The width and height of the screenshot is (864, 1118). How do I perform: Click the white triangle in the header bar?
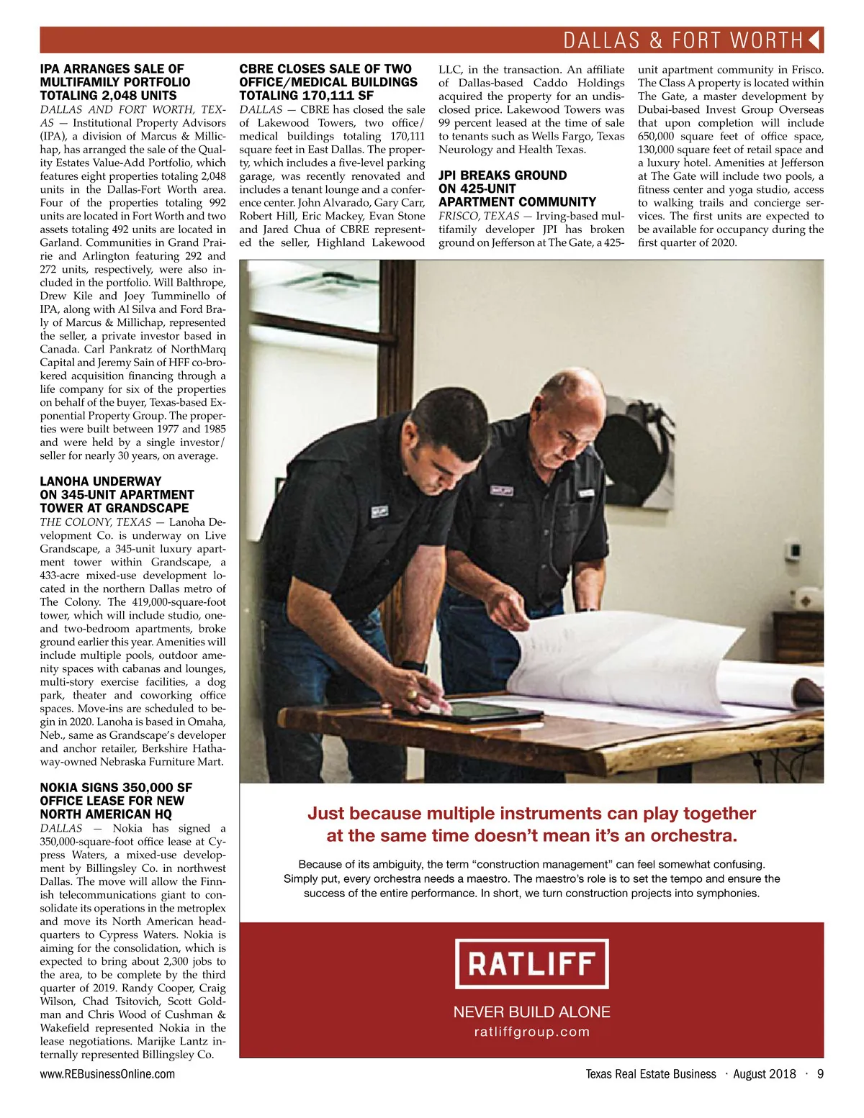[815, 40]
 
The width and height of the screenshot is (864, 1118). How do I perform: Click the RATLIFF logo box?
[532, 963]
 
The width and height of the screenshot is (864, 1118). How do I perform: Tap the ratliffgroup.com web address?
[532, 1032]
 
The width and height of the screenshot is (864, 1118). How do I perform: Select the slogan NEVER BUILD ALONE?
[532, 1012]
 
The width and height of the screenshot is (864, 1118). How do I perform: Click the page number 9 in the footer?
[820, 1074]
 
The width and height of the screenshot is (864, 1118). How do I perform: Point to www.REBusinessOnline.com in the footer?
[107, 1074]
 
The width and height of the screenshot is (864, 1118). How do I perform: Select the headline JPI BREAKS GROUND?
[503, 176]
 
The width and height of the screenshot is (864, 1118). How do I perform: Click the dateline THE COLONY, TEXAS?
[96, 522]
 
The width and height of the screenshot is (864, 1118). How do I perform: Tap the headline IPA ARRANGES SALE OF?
[112, 69]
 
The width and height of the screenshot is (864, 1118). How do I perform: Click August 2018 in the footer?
[765, 1074]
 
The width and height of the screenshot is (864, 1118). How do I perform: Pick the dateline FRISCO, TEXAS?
[479, 216]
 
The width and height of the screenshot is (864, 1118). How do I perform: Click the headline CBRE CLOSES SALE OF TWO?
[325, 69]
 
